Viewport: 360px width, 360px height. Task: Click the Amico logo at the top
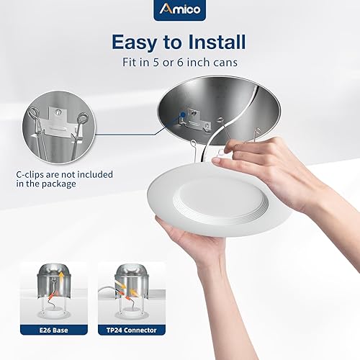tap(179, 11)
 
